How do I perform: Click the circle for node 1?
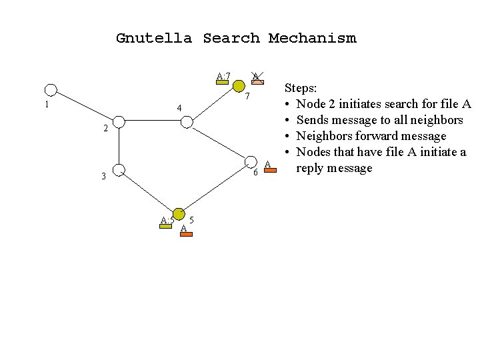(x=51, y=90)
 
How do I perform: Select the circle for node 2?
(x=118, y=122)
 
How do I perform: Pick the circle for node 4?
(x=187, y=122)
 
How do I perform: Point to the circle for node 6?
(x=251, y=163)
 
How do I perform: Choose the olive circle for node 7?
(x=239, y=85)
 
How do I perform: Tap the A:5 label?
(x=167, y=221)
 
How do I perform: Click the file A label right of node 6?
(x=269, y=165)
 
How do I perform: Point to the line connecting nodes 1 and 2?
(x=84, y=106)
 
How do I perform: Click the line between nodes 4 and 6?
(x=219, y=143)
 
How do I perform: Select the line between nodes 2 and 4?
(x=152, y=122)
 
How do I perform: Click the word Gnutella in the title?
(x=153, y=38)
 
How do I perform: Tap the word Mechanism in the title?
(x=312, y=38)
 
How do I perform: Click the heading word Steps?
(x=301, y=87)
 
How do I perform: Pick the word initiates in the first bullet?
(x=357, y=104)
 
